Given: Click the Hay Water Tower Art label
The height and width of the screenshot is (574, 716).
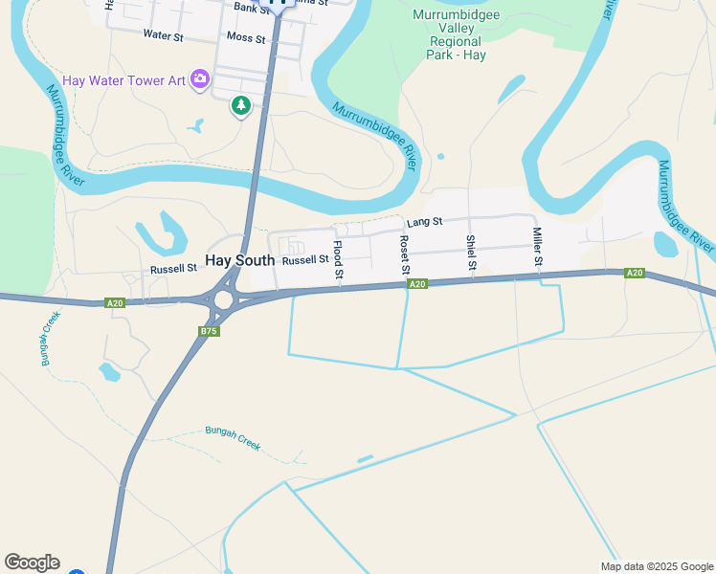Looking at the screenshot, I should coord(123,80).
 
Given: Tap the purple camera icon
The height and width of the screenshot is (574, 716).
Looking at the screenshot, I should coord(200,79).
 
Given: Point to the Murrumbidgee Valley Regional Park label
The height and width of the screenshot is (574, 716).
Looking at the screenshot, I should coord(456,34).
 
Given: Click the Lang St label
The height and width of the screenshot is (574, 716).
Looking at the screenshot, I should coord(424,222).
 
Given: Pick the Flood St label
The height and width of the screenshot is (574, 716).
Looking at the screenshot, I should coord(338,260).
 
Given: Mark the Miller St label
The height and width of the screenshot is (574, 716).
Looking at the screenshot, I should coord(538,249).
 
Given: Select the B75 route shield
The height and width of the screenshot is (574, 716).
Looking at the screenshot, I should coord(209,331).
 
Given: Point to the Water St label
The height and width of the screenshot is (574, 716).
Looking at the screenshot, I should coord(163,34).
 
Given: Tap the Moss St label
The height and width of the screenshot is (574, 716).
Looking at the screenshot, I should coord(246,36).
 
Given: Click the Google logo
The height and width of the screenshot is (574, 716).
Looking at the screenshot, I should coord(32,563).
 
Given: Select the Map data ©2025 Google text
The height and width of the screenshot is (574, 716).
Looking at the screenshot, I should coord(657,566).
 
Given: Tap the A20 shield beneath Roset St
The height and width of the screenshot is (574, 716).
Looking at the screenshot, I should coord(416,284).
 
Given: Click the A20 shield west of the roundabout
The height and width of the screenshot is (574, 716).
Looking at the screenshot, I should coord(115,303).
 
